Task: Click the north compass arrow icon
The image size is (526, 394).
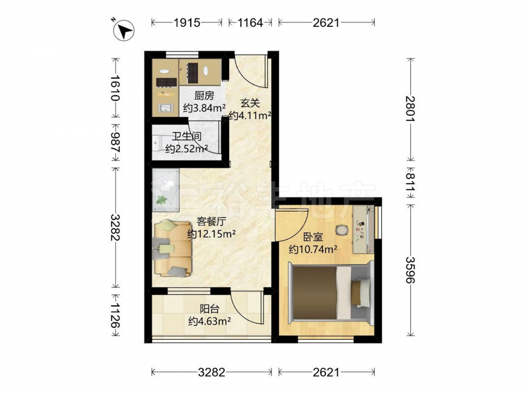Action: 124,30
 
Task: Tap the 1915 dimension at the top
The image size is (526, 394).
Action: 187,23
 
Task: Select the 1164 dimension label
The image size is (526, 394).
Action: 250,23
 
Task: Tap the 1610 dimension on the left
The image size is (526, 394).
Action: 115,88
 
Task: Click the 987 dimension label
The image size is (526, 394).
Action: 115,142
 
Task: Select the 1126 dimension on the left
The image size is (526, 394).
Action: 115,316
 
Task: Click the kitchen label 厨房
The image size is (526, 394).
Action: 204,96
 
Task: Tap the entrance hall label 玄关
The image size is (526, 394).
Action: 250,103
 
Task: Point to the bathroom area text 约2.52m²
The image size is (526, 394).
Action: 187,149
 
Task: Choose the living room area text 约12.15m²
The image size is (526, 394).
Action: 211,234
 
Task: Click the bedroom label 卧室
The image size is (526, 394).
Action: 313,237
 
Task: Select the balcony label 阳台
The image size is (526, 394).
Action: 209,309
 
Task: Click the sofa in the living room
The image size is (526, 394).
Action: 173,249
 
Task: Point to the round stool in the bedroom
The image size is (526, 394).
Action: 342,230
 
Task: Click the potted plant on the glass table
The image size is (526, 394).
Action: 161,200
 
